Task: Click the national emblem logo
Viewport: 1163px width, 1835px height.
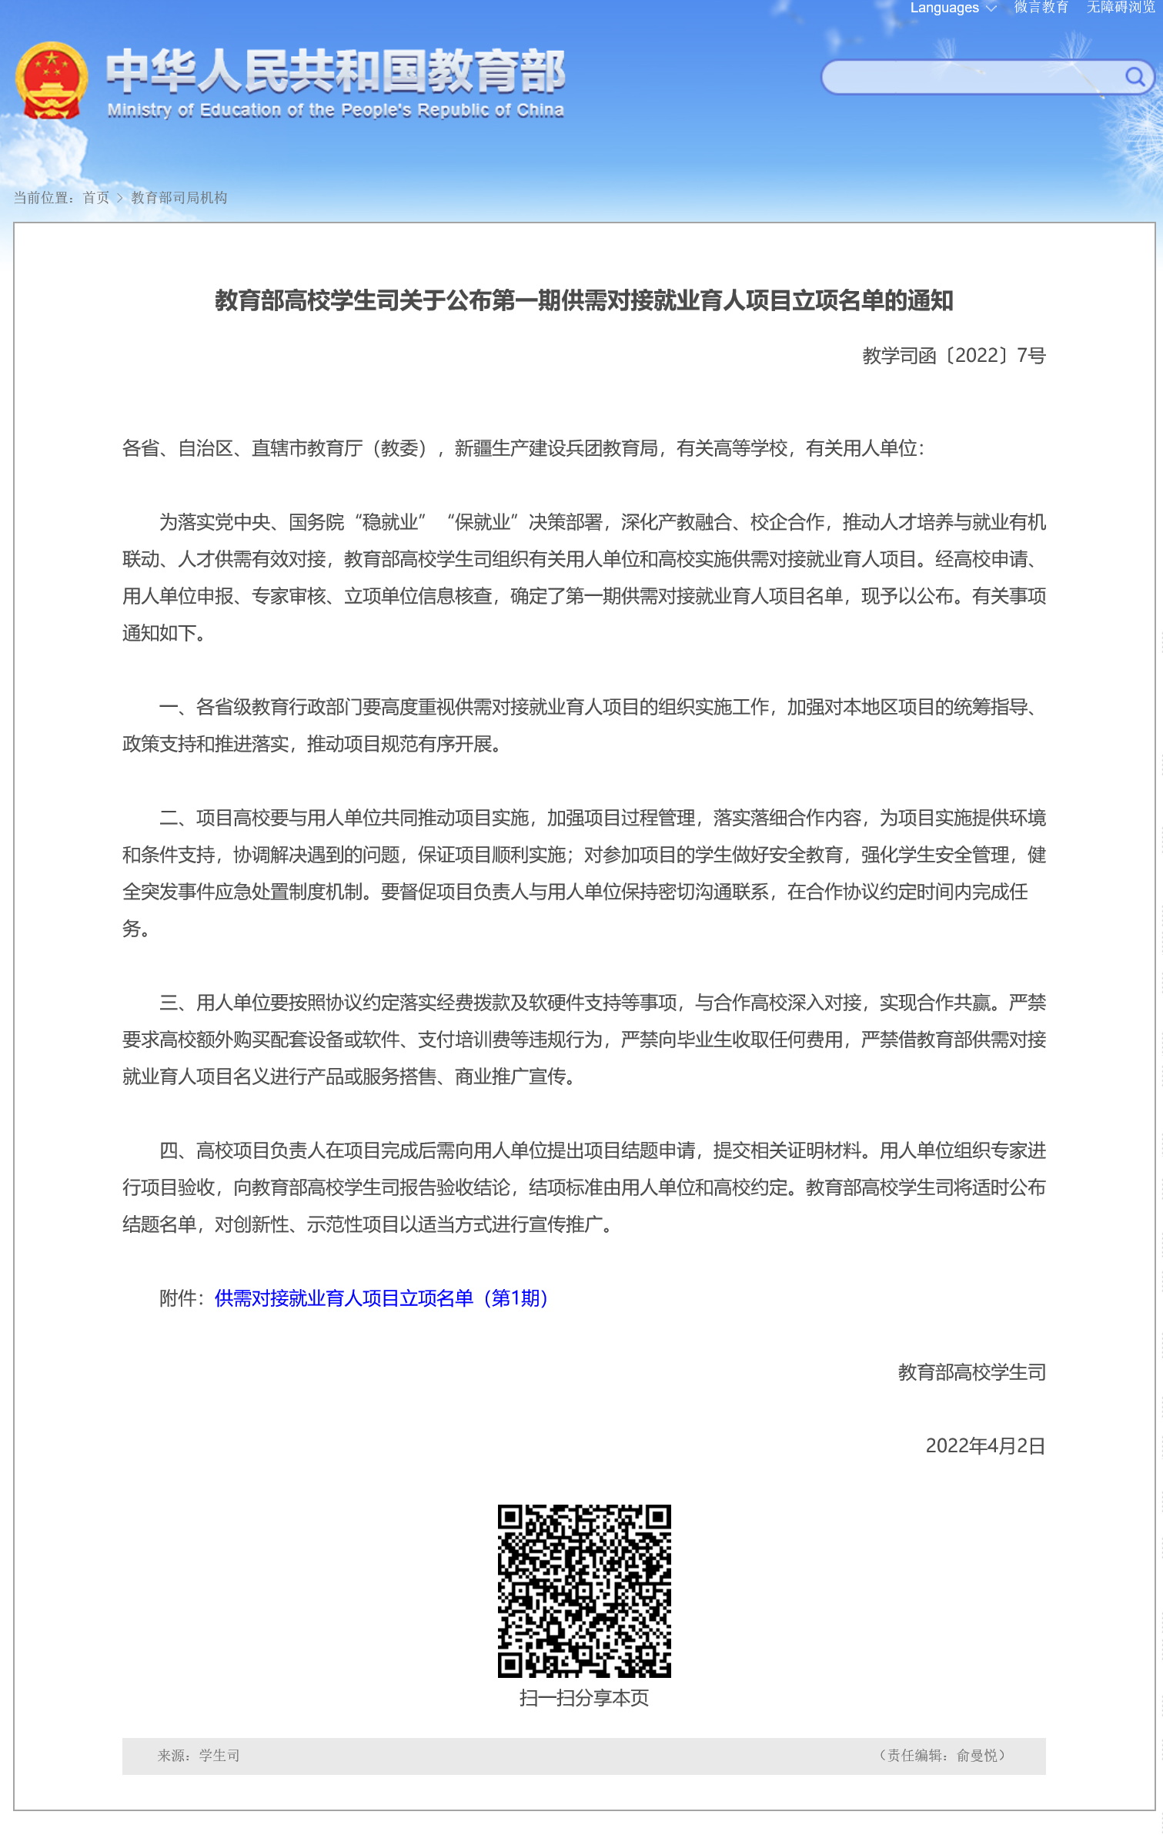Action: click(x=51, y=80)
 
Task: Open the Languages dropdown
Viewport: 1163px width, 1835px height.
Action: click(x=953, y=8)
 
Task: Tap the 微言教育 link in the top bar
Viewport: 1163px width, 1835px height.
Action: click(x=1041, y=8)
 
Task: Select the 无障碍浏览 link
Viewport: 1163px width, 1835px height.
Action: click(x=1121, y=8)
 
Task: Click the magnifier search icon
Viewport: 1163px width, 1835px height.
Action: click(x=1134, y=76)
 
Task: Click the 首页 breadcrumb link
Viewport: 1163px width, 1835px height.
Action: click(x=96, y=198)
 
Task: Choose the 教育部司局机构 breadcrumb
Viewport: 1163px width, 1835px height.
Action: click(x=179, y=198)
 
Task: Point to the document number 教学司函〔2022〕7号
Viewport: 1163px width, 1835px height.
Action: click(x=954, y=356)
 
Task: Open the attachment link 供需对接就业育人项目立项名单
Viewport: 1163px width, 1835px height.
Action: click(x=381, y=1298)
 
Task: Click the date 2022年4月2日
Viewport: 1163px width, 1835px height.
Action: click(x=985, y=1446)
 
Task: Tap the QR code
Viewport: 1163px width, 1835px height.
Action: click(x=584, y=1591)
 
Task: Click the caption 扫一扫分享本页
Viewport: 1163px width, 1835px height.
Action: click(x=584, y=1698)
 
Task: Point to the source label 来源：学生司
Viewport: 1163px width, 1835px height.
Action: click(x=199, y=1756)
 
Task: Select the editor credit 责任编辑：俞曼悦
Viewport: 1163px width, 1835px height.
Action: click(x=942, y=1756)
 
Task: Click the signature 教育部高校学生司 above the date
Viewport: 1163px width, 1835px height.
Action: click(x=971, y=1372)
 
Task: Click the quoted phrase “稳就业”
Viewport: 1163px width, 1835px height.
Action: click(x=390, y=522)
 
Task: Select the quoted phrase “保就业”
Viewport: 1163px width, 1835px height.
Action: click(x=483, y=522)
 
